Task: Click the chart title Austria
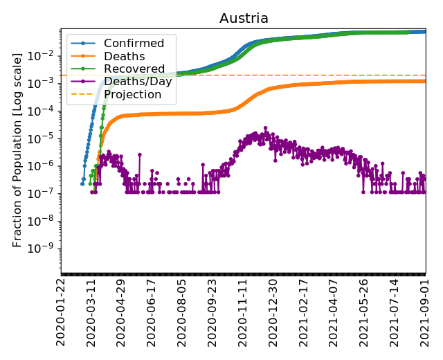pyautogui.click(x=244, y=19)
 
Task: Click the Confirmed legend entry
pyautogui.click(x=134, y=44)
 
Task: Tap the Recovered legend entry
pyautogui.click(x=134, y=69)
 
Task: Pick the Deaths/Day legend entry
pyautogui.click(x=138, y=82)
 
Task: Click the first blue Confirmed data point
pyautogui.click(x=82, y=183)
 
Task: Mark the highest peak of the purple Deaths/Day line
pyautogui.click(x=265, y=128)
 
